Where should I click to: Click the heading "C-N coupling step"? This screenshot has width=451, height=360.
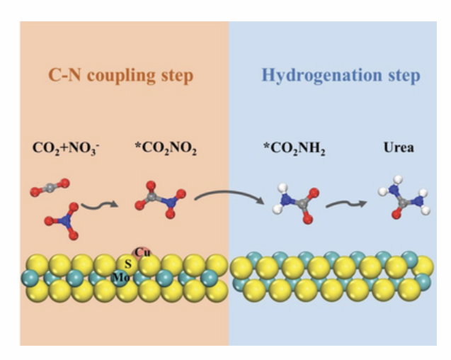(x=120, y=75)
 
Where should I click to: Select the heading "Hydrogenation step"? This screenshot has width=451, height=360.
(x=341, y=75)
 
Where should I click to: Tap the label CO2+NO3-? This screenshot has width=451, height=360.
(x=66, y=148)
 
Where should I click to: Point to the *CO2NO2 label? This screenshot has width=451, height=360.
(x=166, y=148)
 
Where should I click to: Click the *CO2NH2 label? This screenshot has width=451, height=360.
(x=295, y=148)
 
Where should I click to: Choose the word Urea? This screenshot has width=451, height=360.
(x=399, y=147)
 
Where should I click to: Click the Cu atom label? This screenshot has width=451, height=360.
(x=142, y=252)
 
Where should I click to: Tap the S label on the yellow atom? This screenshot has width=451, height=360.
(x=128, y=264)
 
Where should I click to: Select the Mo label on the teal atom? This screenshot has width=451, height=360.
(x=120, y=277)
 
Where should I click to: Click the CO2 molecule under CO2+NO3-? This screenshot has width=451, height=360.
(x=50, y=188)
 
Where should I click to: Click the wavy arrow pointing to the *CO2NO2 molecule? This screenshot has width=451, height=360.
(x=100, y=205)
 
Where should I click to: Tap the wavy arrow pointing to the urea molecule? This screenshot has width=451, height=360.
(x=346, y=204)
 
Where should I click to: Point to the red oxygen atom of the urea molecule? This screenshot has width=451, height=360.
(x=396, y=214)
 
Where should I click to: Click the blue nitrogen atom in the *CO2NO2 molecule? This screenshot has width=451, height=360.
(x=171, y=203)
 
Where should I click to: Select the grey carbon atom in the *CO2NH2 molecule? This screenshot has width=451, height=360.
(x=301, y=204)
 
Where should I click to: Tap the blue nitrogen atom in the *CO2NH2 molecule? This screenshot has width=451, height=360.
(x=285, y=199)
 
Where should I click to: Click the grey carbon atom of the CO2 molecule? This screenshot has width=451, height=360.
(x=50, y=188)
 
